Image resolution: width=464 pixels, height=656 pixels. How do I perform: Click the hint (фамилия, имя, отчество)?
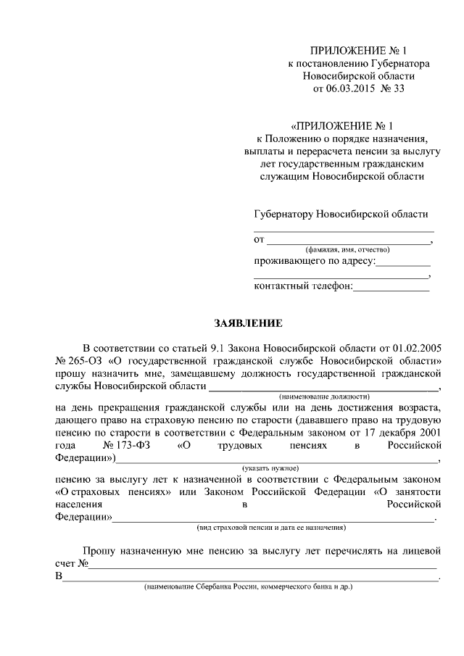click(341, 249)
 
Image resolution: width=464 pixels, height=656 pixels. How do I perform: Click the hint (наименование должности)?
click(324, 396)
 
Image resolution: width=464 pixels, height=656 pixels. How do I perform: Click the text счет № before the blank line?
click(72, 563)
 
